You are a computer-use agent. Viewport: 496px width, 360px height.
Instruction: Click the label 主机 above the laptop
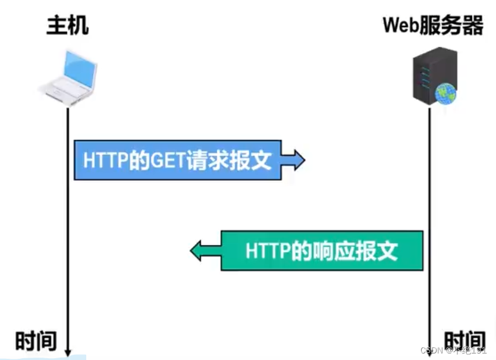[x=67, y=26]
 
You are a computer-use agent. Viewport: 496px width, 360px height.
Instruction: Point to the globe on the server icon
[x=445, y=93]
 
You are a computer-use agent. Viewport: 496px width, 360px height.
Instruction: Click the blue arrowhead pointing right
[x=294, y=160]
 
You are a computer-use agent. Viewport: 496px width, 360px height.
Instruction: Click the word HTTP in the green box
[x=267, y=251]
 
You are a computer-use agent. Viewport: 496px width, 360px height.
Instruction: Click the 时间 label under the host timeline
[x=36, y=341]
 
